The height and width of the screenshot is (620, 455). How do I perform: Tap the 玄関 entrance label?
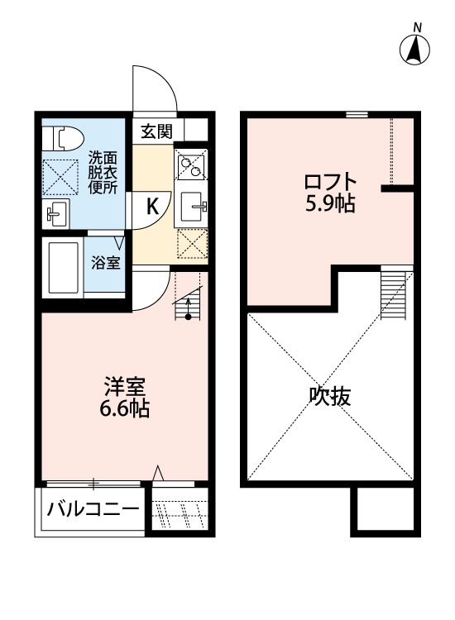(156, 131)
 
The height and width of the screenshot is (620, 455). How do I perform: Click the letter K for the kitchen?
(154, 207)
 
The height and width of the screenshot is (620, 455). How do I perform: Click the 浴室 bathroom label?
(107, 264)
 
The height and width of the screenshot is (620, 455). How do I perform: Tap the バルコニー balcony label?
(93, 508)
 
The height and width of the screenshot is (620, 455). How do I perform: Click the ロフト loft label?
(330, 180)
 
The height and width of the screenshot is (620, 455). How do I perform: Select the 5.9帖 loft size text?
(330, 203)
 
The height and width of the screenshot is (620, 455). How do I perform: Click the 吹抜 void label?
(330, 396)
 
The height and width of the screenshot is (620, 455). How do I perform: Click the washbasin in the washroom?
(56, 214)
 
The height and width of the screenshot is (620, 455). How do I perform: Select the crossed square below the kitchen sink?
(192, 243)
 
